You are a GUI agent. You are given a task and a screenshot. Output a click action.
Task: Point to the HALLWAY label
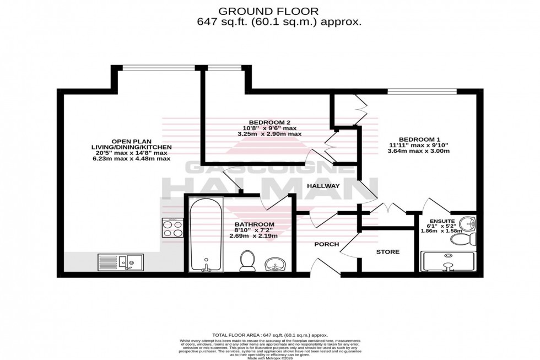[x=323, y=186]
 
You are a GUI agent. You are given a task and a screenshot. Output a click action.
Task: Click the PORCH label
[x=326, y=244]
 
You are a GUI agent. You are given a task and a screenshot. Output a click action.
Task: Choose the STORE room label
[x=388, y=252]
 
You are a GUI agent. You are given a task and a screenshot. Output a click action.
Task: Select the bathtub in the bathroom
[x=206, y=236]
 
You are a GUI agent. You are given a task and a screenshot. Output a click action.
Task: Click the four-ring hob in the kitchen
[x=172, y=227]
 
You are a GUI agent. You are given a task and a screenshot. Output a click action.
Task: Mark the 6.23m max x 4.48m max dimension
[x=132, y=158]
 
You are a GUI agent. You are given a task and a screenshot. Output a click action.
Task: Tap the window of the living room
[x=158, y=68]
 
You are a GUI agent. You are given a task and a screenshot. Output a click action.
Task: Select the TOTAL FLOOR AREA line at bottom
[x=270, y=335]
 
